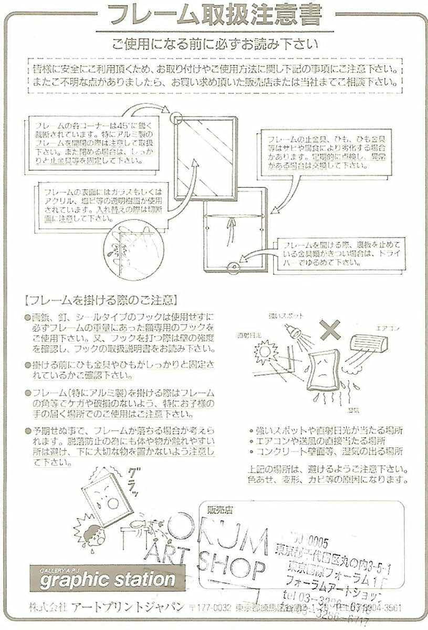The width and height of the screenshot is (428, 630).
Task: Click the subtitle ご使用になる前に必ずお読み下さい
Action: [214, 44]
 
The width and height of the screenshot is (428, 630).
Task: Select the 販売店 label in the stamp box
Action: [219, 509]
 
